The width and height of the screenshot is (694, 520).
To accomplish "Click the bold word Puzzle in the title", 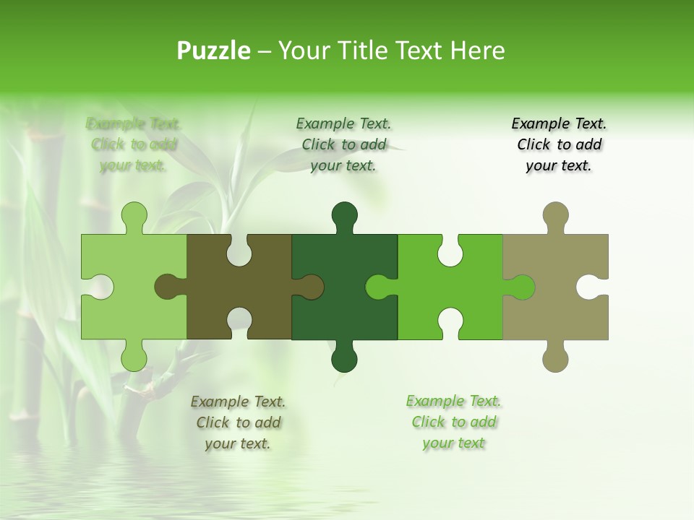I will [x=214, y=51].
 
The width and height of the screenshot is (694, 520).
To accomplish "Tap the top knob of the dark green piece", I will [x=345, y=216].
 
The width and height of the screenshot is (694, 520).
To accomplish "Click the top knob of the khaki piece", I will [x=555, y=216].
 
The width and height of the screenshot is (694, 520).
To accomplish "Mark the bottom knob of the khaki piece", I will [x=555, y=357].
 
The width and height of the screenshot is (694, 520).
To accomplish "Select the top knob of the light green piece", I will [x=134, y=216].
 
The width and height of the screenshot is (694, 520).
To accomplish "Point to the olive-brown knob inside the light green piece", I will [x=168, y=287].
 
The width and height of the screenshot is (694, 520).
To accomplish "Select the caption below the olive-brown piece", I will [x=238, y=422].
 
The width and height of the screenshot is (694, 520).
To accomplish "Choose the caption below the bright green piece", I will [x=453, y=422].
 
